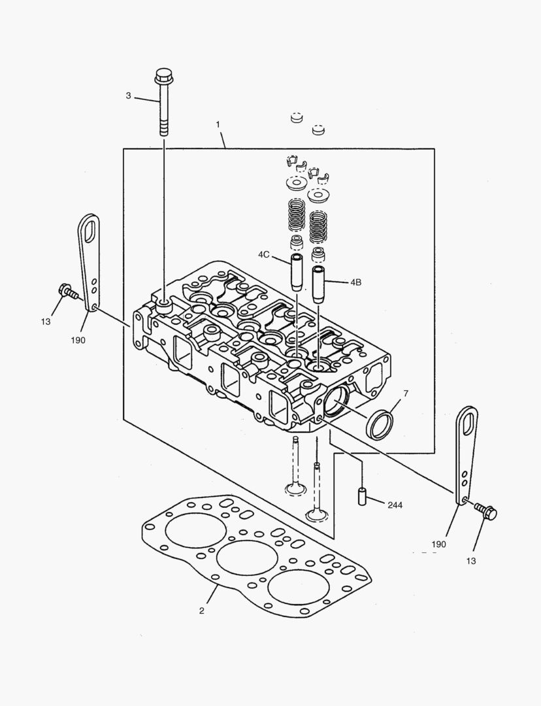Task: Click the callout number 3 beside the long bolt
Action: click(128, 96)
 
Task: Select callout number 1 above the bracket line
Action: click(218, 124)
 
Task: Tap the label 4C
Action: click(263, 254)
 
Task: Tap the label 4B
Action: click(355, 282)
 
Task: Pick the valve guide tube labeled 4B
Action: click(319, 283)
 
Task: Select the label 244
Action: click(395, 505)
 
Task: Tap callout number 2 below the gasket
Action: click(202, 611)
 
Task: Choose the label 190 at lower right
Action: click(438, 544)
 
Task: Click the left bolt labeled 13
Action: click(67, 291)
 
